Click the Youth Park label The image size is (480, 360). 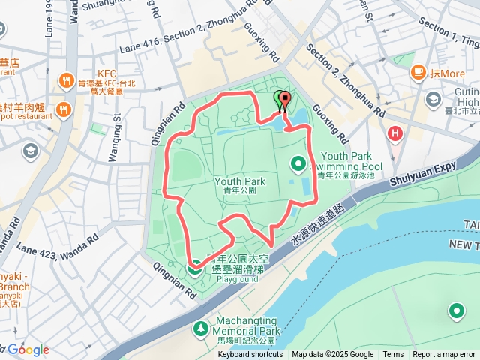tap(240, 182)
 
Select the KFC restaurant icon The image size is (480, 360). tap(67, 79)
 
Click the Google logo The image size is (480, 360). tap(28, 349)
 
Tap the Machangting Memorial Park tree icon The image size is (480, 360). tap(200, 328)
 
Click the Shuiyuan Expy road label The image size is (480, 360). tap(422, 173)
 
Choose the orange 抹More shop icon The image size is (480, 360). tap(418, 73)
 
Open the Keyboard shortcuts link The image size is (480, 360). tap(250, 355)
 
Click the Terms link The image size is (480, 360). tap(393, 355)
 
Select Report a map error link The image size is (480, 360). tap(445, 355)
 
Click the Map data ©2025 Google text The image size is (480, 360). tap(332, 355)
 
